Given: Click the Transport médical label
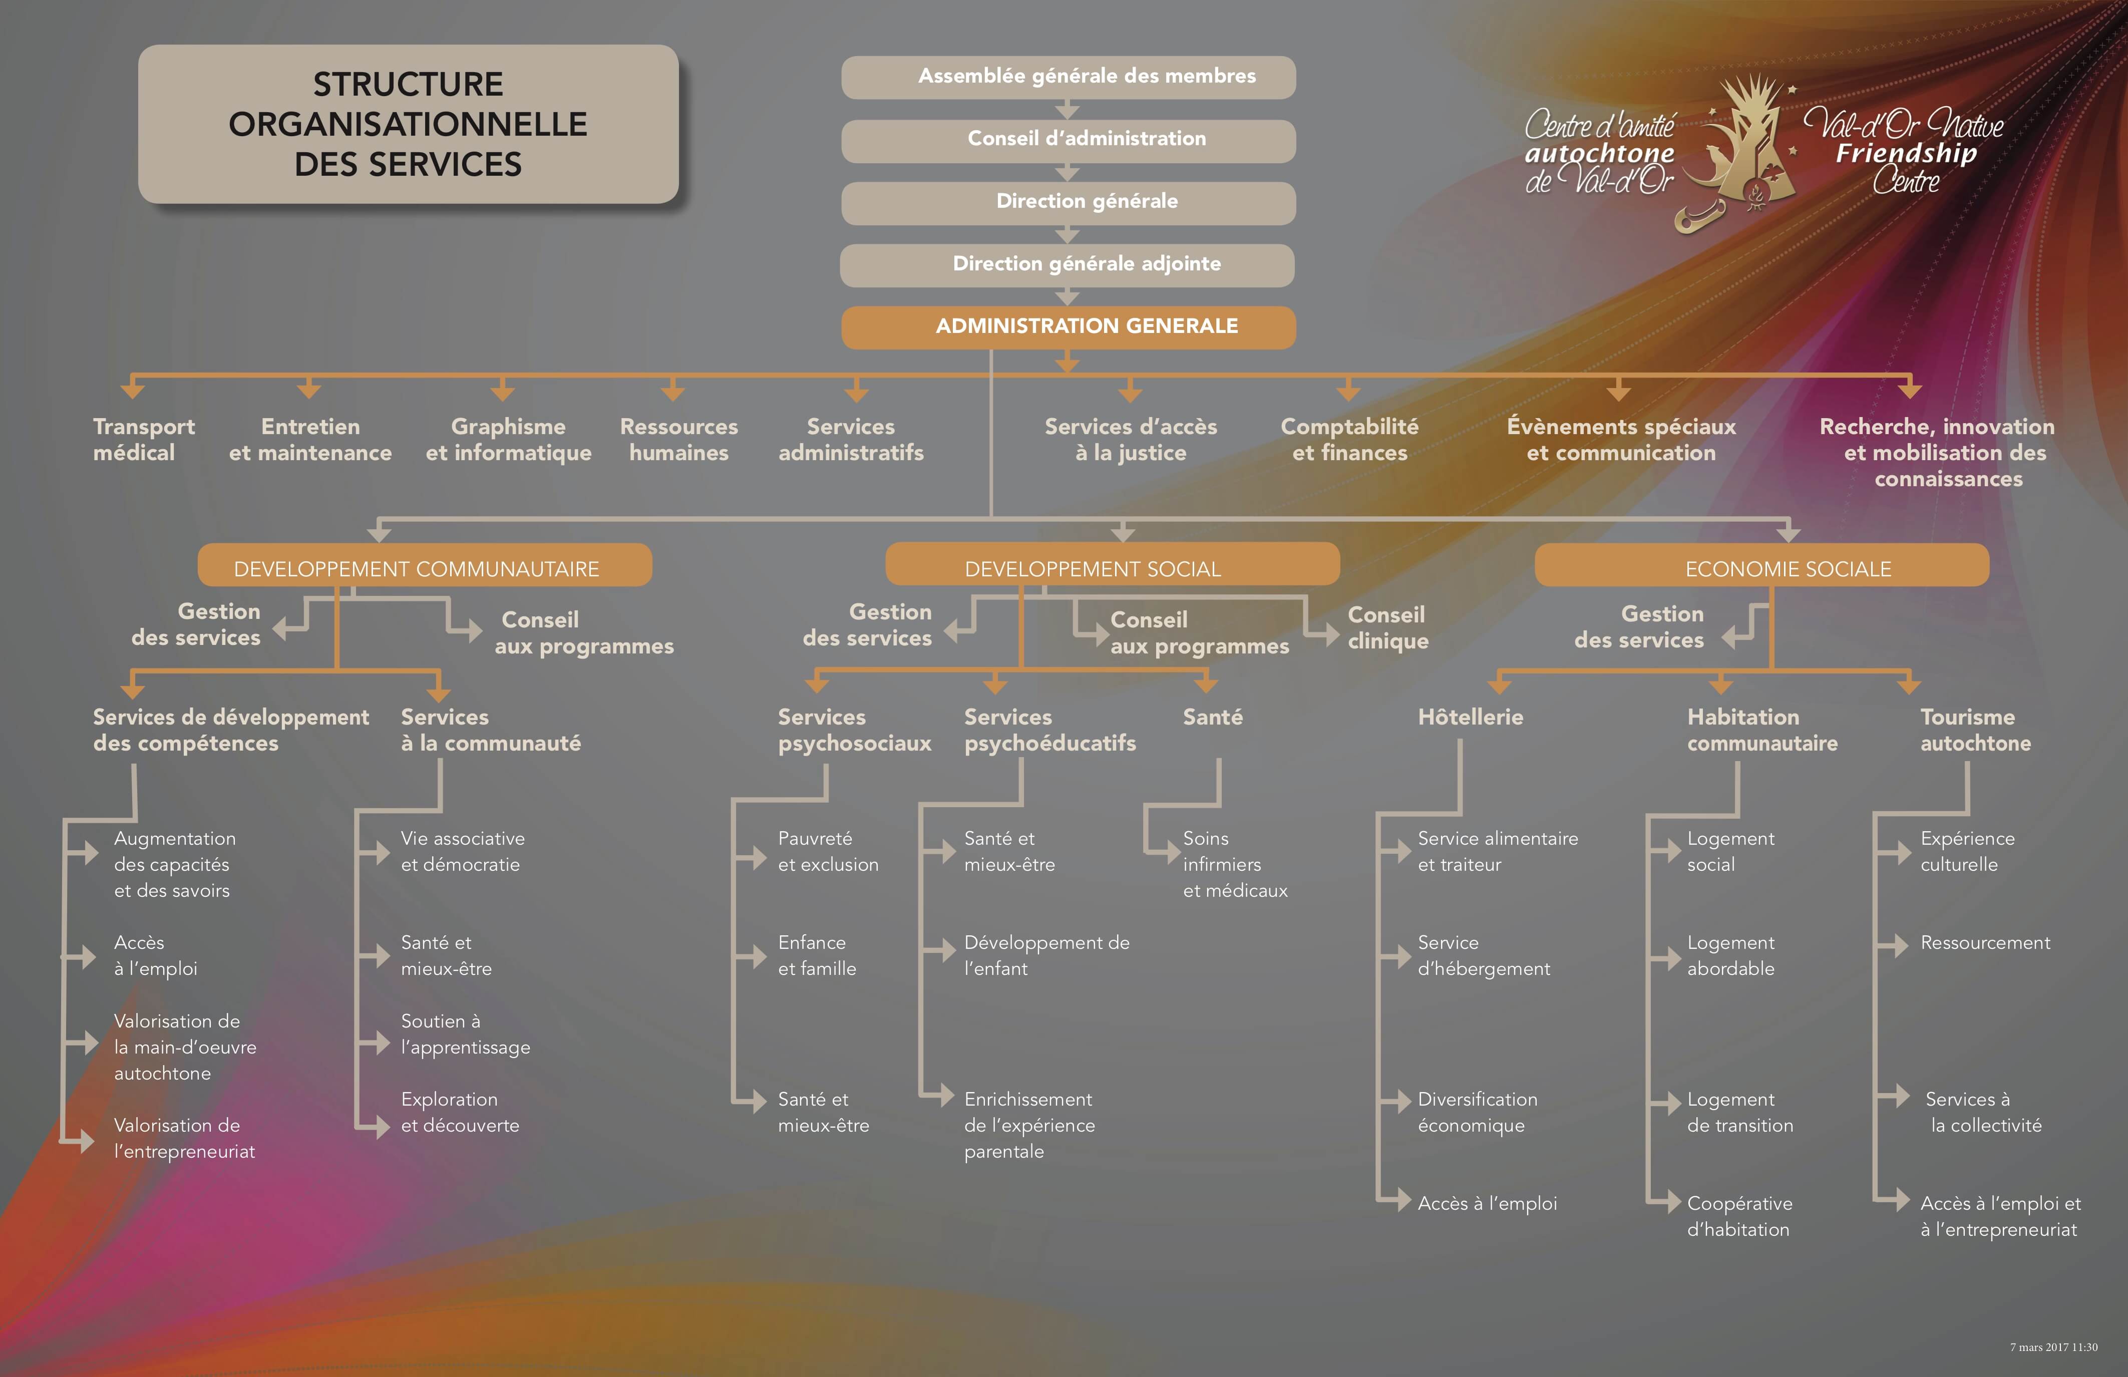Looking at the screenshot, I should tap(143, 439).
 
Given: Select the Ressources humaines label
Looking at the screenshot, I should tap(678, 439).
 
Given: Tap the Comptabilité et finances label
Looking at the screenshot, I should tap(1349, 439).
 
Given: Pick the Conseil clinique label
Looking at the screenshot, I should tap(1387, 628).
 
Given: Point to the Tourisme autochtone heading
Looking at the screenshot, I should tap(1975, 730).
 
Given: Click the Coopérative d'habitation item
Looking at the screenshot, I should tap(1739, 1216).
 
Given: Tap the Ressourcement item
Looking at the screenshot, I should tap(1985, 942).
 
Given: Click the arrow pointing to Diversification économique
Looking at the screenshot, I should tap(1396, 1102).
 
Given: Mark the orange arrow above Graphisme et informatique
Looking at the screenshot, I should tap(503, 391).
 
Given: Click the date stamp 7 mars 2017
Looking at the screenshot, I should tap(2053, 1346).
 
